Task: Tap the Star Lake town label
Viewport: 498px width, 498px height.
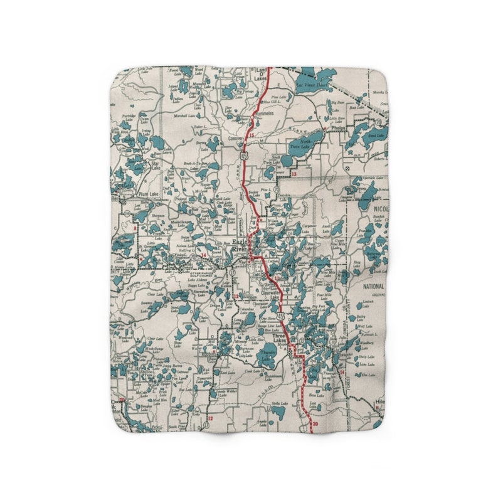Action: pyautogui.click(x=156, y=166)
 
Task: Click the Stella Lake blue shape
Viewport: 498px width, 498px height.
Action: pyautogui.click(x=277, y=411)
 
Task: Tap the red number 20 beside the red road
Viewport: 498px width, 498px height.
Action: pyautogui.click(x=315, y=424)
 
